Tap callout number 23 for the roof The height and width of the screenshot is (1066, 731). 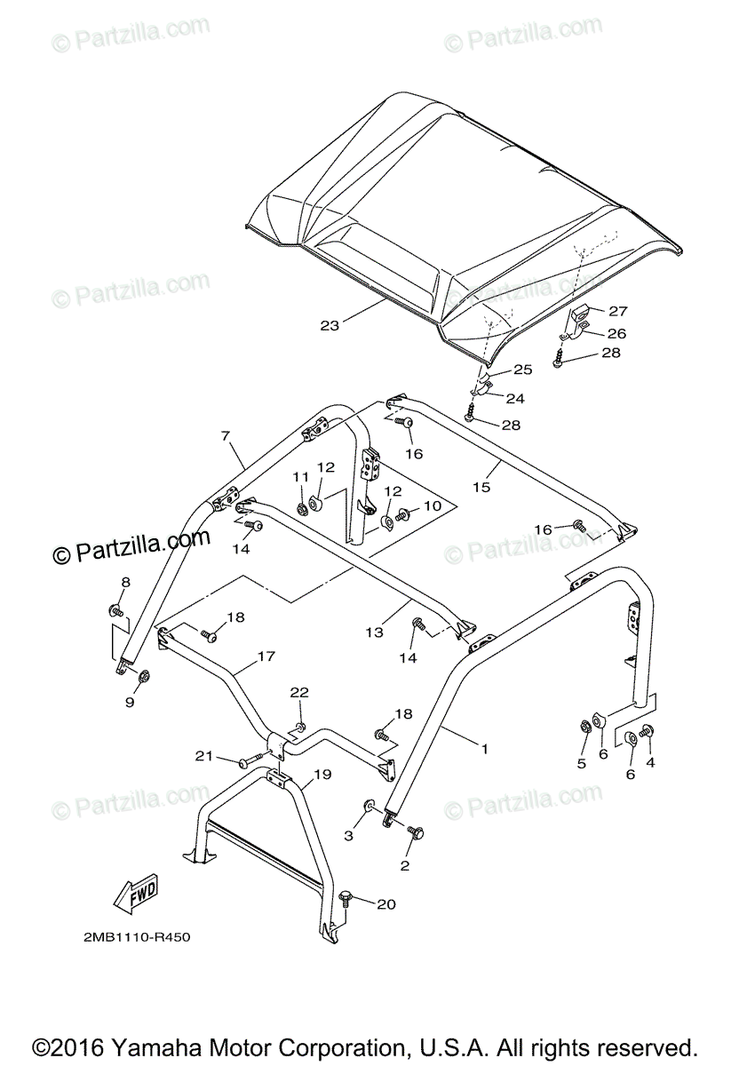[x=330, y=325]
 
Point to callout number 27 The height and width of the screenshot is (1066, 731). [x=617, y=310]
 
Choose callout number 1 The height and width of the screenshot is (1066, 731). [x=484, y=750]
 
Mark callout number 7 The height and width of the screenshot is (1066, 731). [x=226, y=436]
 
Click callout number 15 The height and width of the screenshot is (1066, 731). [x=481, y=487]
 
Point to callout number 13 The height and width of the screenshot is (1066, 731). [x=374, y=632]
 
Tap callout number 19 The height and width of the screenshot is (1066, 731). [x=322, y=774]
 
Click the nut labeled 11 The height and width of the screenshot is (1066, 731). [x=303, y=509]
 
